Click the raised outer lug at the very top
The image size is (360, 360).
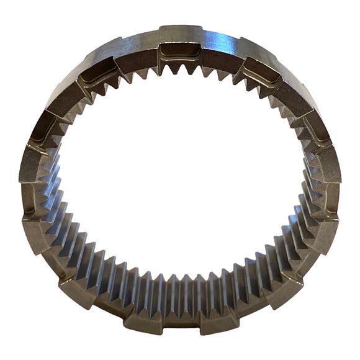tap(180, 32)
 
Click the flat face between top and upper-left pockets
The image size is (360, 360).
tap(138, 53)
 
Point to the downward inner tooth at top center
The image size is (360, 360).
tap(180, 70)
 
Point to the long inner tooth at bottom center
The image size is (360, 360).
tap(180, 292)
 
